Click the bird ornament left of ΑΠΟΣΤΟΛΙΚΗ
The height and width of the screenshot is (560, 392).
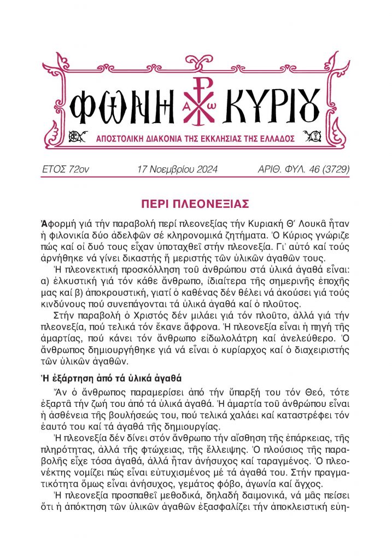tap(75, 137)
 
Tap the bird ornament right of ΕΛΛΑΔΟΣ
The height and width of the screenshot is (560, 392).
tap(316, 137)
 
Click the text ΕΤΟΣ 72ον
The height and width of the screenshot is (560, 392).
tap(66, 170)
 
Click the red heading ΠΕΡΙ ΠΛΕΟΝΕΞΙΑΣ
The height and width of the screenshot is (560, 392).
tap(195, 204)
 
